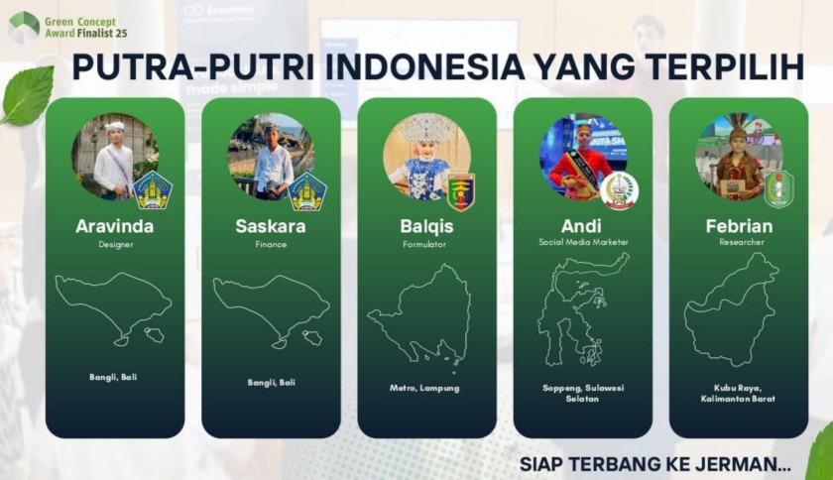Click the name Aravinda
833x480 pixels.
115,226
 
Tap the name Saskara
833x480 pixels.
271,226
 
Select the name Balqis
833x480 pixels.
426,227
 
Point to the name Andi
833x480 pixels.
581,226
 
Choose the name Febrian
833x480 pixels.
739,226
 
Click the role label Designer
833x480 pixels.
116,245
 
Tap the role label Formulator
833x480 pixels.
424,245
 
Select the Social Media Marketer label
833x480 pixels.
583,242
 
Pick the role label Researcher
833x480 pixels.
742,242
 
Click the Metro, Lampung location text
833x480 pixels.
424,388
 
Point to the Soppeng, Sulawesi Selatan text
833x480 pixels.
583,394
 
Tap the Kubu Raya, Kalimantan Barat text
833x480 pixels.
738,394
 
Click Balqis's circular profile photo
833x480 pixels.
426,157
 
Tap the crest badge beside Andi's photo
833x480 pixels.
619,190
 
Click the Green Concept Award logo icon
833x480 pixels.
24,27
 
